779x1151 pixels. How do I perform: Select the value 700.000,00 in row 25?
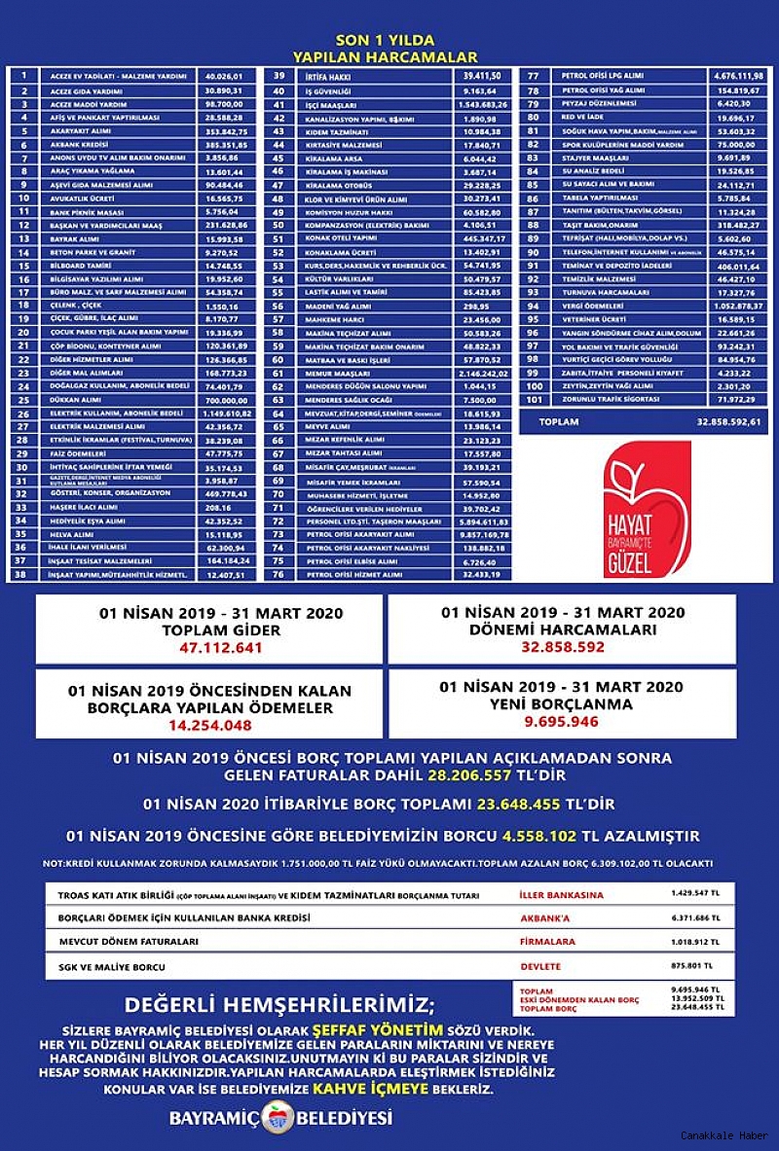point(226,400)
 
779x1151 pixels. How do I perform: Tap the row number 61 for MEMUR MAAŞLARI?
point(278,373)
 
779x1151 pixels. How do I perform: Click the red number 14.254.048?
point(210,725)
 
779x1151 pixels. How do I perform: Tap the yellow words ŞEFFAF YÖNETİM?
point(378,1028)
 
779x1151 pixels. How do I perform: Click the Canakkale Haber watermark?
point(723,1135)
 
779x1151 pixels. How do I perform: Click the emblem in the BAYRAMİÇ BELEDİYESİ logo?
point(278,1118)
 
